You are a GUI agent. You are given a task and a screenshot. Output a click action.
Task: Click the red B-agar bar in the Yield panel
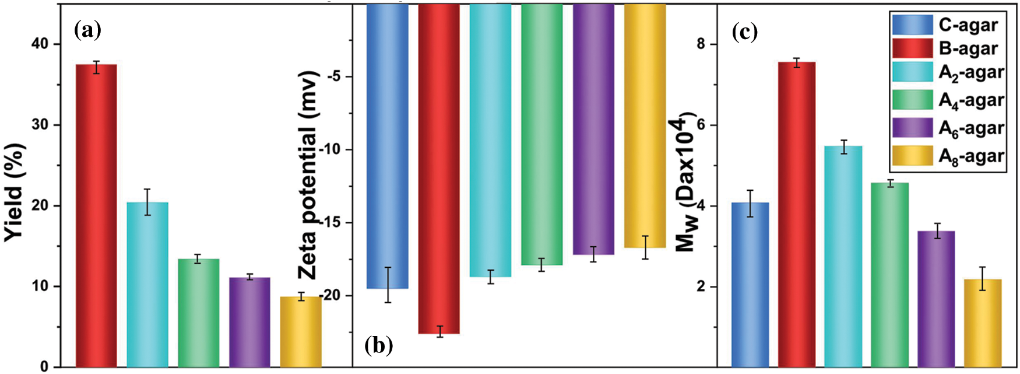tap(96, 215)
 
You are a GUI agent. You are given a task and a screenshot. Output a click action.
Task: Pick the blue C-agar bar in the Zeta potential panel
tap(388, 146)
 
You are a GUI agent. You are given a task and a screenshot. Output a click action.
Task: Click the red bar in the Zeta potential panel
tap(439, 169)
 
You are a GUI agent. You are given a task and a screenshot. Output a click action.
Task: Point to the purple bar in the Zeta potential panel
tap(593, 129)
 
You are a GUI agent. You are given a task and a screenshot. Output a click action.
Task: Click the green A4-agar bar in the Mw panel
tap(889, 275)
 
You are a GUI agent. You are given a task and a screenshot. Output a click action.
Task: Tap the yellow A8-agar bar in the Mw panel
tap(983, 323)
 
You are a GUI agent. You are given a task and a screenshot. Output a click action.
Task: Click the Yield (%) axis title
tap(15, 193)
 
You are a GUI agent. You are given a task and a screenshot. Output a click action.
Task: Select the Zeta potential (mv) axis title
tap(308, 175)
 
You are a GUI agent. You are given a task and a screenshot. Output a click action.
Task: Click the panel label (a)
tap(88, 30)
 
